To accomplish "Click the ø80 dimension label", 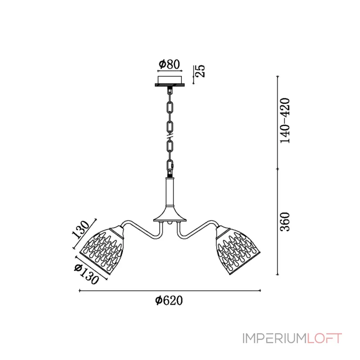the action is [170, 64].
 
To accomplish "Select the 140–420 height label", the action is [285, 121].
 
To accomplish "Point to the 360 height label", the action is [285, 221].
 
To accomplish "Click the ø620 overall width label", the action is [169, 300].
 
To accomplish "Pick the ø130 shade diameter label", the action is [86, 274].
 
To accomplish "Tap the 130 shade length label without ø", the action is [81, 229].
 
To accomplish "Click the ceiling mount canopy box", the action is [170, 81].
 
